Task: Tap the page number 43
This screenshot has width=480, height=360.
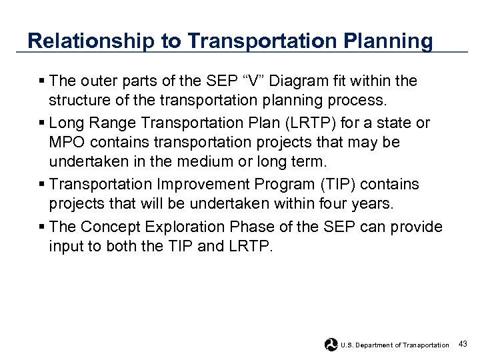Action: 463,344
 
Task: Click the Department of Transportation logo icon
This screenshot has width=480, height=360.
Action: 331,345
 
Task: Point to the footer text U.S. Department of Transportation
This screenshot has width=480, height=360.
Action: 395,345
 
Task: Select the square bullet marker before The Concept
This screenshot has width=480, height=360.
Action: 42,227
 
